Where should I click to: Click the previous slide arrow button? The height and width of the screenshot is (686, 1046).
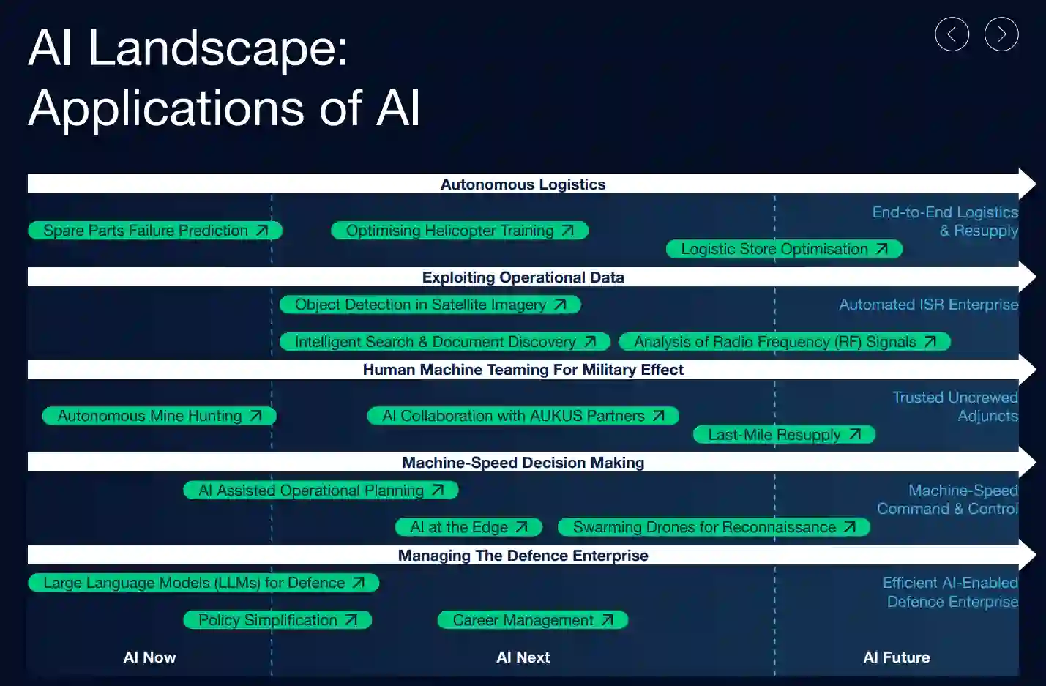952,34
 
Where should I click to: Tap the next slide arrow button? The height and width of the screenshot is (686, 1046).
1001,34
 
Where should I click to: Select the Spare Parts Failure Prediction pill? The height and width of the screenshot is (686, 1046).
155,231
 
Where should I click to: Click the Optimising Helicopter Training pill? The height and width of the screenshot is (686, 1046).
460,231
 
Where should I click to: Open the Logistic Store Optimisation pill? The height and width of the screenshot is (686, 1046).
784,250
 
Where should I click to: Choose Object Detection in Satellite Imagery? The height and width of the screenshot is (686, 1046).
430,305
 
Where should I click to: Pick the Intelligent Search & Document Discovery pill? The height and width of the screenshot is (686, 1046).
445,342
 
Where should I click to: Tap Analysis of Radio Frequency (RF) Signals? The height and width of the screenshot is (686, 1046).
785,342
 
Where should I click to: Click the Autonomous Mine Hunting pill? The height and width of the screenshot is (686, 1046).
160,416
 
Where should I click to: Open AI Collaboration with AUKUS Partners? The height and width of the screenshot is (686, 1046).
523,416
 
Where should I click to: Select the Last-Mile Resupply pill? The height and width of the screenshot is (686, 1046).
784,435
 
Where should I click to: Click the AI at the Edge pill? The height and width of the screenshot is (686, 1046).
468,527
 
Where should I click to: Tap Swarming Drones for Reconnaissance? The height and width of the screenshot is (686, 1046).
714,527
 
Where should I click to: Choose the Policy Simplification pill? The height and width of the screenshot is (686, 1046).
277,620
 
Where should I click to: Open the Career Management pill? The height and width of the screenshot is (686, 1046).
533,620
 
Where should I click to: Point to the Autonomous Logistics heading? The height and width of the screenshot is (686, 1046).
523,184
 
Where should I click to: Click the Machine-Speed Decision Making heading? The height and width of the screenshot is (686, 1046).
523,463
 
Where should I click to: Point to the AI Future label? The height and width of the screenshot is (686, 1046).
896,657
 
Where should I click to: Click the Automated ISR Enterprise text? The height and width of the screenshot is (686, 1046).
928,305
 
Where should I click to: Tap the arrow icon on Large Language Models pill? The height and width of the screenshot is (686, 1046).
358,583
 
